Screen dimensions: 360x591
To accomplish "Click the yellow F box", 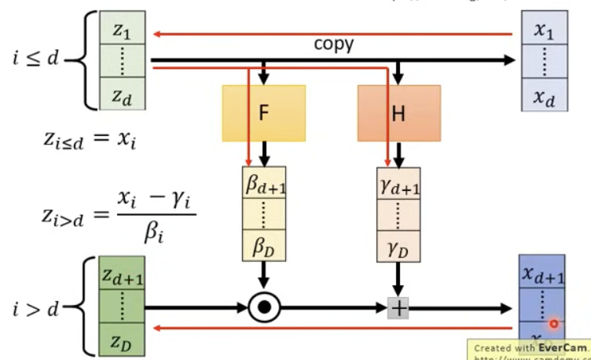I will tap(263, 113).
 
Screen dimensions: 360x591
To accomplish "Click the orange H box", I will tap(398, 113).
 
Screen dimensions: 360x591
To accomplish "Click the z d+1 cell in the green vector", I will tap(122, 274).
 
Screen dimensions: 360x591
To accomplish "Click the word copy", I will tap(334, 44).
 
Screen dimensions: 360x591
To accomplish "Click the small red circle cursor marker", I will tap(554, 323).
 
